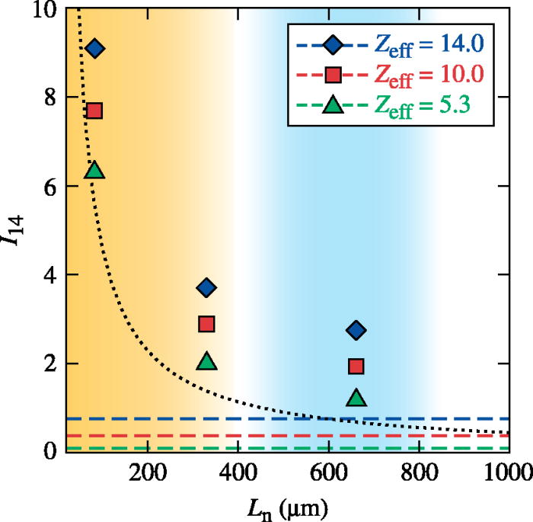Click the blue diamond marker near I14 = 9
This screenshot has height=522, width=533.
coord(94,49)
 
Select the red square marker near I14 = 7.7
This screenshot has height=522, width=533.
coord(94,110)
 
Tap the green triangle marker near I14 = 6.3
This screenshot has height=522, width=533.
coord(94,170)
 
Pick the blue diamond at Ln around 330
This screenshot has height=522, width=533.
coord(206,287)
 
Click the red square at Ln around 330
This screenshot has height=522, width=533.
coord(206,324)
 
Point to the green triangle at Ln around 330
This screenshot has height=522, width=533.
coord(206,361)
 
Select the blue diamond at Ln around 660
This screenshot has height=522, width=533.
coord(356,330)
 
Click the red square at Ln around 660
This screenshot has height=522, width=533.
coord(356,367)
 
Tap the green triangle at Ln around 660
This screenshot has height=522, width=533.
coord(356,398)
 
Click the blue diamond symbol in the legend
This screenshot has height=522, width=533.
coord(332,45)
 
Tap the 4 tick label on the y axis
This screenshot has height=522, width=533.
coord(50,275)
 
